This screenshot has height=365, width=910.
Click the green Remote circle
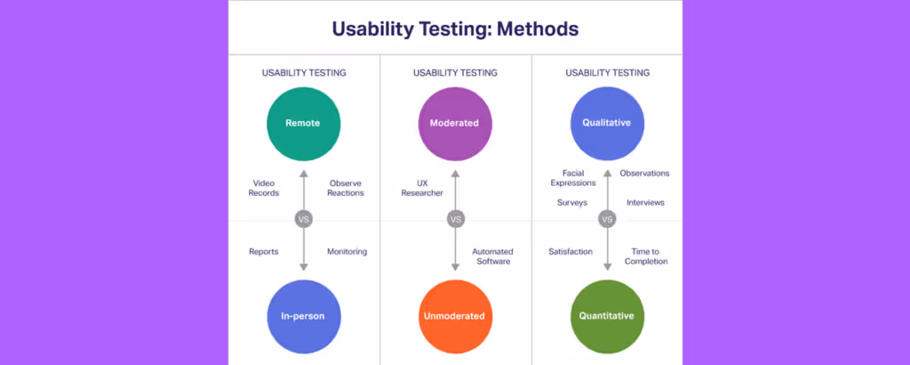pyautogui.click(x=303, y=123)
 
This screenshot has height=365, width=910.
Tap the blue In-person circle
pyautogui.click(x=303, y=315)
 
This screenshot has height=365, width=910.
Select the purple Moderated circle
pyautogui.click(x=455, y=123)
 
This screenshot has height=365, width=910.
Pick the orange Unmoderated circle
pyautogui.click(x=455, y=315)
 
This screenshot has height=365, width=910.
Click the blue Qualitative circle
pyautogui.click(x=607, y=123)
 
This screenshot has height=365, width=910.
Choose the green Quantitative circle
pyautogui.click(x=607, y=315)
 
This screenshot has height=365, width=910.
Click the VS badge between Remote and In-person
pyautogui.click(x=303, y=219)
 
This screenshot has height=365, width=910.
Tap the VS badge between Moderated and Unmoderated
pyautogui.click(x=455, y=219)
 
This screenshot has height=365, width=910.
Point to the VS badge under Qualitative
pyautogui.click(x=607, y=219)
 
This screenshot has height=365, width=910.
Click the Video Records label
pyautogui.click(x=265, y=188)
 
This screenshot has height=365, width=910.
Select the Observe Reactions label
pyautogui.click(x=345, y=188)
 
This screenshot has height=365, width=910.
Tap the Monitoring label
pyautogui.click(x=347, y=252)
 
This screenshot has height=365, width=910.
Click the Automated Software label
pyautogui.click(x=491, y=256)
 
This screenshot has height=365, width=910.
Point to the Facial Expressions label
pyautogui.click(x=573, y=178)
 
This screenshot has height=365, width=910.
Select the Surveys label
pyautogui.click(x=572, y=203)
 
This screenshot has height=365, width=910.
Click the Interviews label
pyautogui.click(x=645, y=203)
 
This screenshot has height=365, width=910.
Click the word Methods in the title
pyautogui.click(x=538, y=28)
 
